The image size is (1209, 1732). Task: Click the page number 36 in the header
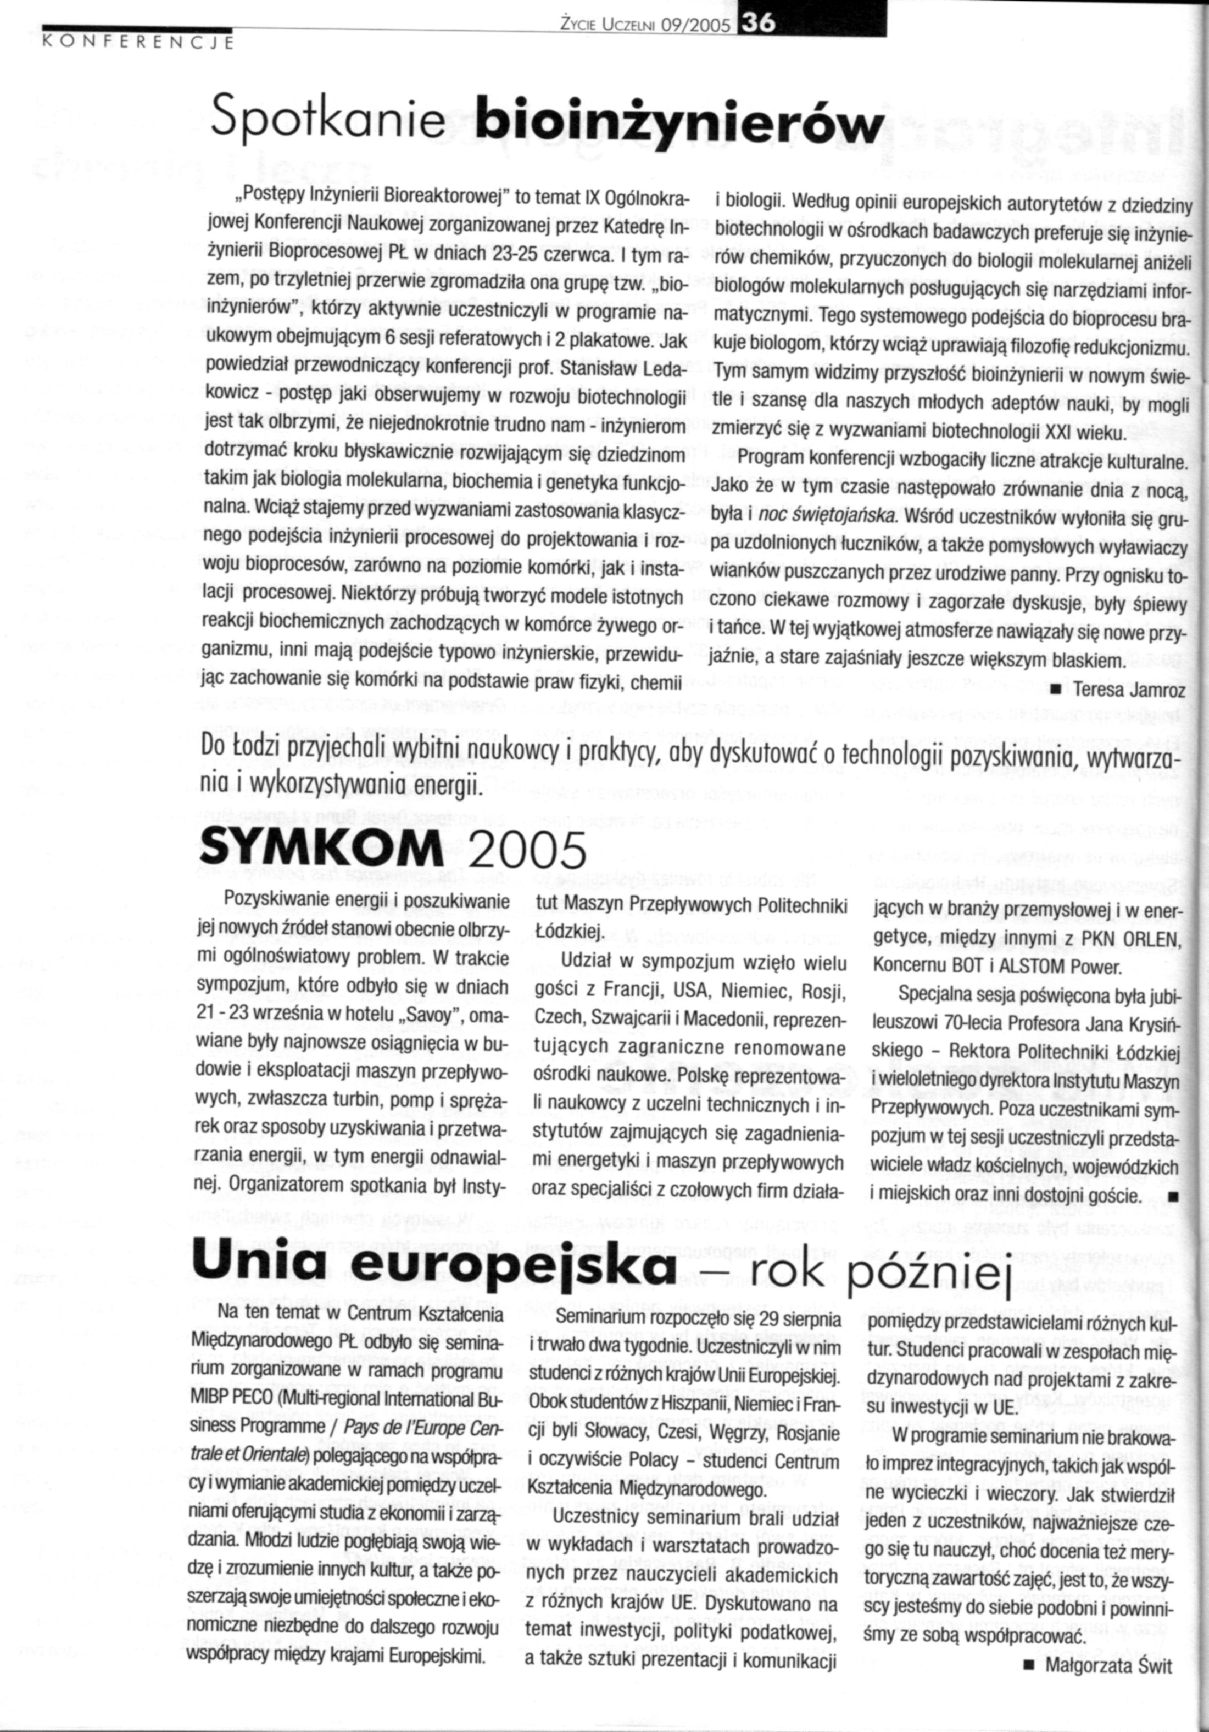(x=756, y=24)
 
